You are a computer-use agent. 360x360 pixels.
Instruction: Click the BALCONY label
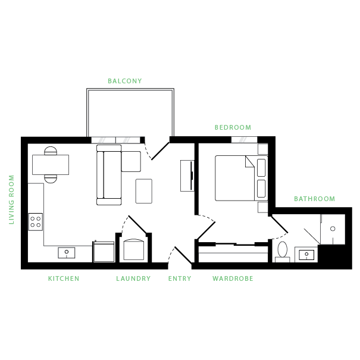[x=125, y=81]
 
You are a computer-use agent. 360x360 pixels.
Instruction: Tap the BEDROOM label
[x=233, y=127]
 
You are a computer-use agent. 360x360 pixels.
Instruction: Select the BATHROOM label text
[x=314, y=199]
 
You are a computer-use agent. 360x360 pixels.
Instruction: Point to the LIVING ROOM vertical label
[x=12, y=199]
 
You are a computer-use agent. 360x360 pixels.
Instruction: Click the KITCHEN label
[x=63, y=278]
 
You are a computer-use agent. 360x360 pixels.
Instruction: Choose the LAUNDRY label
[x=133, y=278]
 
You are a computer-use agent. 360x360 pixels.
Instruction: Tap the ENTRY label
[x=180, y=278]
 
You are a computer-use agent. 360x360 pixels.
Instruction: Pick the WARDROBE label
[x=233, y=278]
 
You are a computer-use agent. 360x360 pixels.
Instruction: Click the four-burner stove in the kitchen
[x=36, y=222]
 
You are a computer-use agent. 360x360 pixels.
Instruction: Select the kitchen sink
[x=67, y=253]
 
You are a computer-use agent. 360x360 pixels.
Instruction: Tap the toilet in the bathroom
[x=282, y=251]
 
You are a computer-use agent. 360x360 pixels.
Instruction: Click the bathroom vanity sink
[x=306, y=255]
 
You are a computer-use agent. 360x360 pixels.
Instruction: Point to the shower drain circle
[x=334, y=228]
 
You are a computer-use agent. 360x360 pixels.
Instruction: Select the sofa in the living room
[x=109, y=177]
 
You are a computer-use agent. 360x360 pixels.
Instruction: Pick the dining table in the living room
[x=51, y=164]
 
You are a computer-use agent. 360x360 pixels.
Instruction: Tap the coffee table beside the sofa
[x=144, y=190]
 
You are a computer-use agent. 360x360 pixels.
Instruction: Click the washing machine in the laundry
[x=134, y=250]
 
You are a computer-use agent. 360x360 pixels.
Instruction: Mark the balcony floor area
[x=130, y=113]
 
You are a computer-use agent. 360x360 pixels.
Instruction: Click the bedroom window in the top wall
[x=244, y=139]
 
